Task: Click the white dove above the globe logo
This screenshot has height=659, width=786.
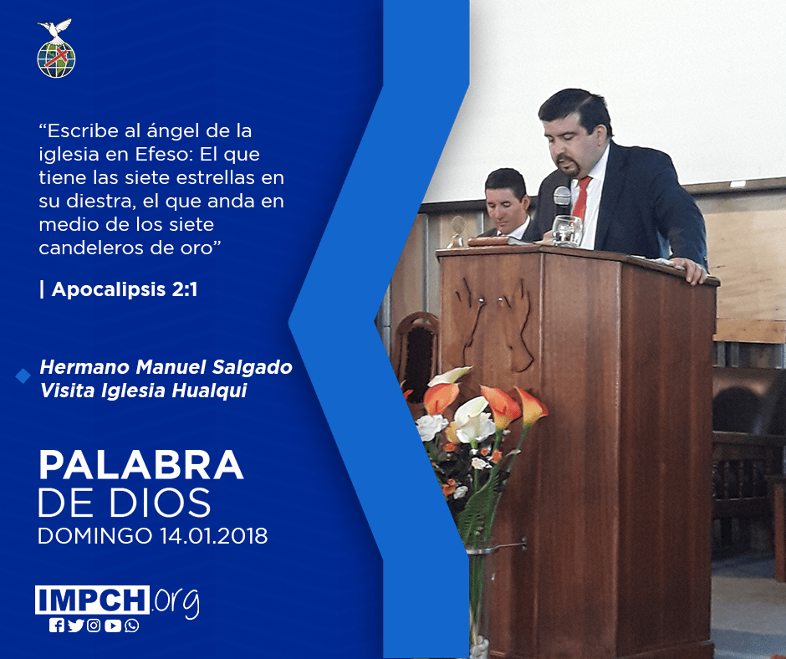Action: (x=54, y=29)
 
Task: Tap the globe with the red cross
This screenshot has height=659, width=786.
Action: (x=56, y=59)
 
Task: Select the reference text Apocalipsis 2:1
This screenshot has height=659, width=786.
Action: (x=125, y=289)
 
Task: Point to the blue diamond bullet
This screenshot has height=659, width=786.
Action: (x=23, y=375)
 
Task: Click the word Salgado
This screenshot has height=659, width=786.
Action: (x=253, y=367)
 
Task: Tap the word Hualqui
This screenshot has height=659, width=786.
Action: (x=210, y=391)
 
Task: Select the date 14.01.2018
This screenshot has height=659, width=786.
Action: (x=213, y=536)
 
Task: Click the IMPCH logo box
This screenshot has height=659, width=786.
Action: (x=92, y=600)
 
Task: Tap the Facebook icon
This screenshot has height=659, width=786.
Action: (x=57, y=626)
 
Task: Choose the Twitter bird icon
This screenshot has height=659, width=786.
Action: (x=75, y=626)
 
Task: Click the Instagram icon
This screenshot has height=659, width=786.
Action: (x=94, y=626)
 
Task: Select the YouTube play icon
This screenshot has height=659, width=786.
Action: (x=113, y=626)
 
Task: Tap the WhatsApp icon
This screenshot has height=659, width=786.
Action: (x=132, y=626)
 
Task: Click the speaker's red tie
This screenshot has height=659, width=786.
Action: (x=581, y=198)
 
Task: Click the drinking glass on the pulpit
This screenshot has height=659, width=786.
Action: (x=567, y=231)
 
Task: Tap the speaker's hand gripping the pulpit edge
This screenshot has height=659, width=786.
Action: (x=689, y=270)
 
